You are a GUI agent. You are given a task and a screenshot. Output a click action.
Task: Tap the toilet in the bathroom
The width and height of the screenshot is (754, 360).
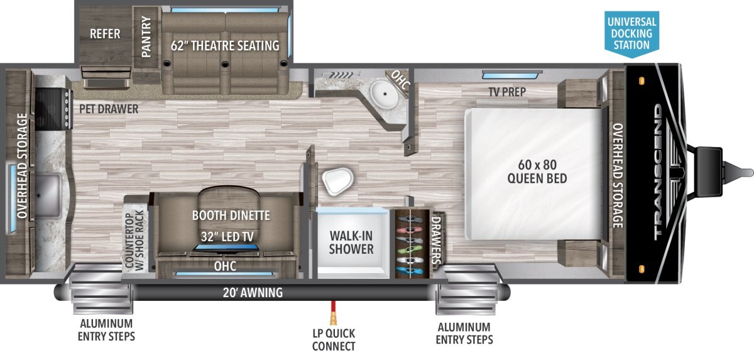tap(337, 181)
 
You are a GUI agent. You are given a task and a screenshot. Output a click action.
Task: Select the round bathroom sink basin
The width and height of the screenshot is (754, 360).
tap(385, 94)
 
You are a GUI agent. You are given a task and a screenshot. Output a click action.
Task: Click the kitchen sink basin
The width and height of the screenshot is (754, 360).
tap(48, 195)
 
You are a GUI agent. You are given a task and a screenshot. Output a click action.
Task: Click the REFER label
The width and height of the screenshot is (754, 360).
tap(105, 34)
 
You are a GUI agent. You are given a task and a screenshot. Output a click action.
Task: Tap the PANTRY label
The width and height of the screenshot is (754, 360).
tap(146, 37)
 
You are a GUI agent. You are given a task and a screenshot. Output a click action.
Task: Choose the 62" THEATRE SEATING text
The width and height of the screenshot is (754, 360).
tap(225, 46)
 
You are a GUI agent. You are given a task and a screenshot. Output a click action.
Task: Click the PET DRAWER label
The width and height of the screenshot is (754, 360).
tap(109, 109)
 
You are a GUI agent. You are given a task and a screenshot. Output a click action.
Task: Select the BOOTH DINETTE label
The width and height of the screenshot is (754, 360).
tap(231, 215)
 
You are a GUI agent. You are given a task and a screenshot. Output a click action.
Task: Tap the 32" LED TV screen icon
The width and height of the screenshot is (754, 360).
tap(226, 248)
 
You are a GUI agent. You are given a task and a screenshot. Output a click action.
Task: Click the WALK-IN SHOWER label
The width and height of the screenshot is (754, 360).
tap(351, 243)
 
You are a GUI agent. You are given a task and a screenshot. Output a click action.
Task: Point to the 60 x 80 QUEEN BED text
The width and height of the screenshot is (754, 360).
tap(537, 172)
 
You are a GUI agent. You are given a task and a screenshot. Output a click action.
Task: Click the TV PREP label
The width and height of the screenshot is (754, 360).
tap(507, 92)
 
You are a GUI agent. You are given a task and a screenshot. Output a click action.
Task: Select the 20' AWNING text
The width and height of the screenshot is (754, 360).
tap(253, 293)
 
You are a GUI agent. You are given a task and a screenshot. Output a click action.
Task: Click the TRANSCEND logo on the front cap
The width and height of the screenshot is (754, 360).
tap(658, 172)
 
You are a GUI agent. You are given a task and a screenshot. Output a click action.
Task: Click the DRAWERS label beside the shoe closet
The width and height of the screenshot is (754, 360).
tap(436, 239)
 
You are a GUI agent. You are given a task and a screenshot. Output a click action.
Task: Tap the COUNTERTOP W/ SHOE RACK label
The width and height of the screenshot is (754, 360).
tap(134, 240)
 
